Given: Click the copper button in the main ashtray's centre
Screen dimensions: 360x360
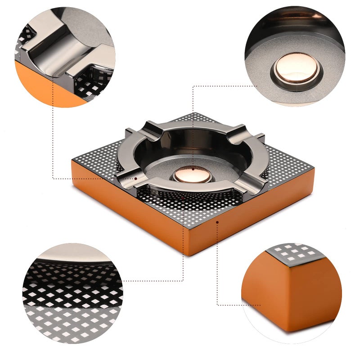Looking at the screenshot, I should coord(193,175).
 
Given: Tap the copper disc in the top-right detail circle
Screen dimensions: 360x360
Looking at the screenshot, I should coord(297,67).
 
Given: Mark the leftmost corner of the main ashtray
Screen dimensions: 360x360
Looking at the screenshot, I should coord(72,158).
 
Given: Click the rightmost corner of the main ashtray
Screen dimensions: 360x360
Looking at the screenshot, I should coord(314,170).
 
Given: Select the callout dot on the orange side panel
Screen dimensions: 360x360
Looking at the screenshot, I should coord(217,222).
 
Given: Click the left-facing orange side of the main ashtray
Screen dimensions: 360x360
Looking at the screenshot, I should coord(126,207).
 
